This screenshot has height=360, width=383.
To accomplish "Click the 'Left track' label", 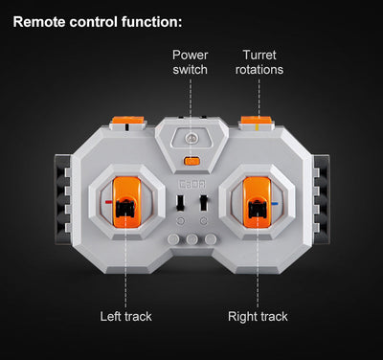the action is pyautogui.click(x=125, y=316).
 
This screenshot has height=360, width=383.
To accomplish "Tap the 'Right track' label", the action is pyautogui.click(x=258, y=316).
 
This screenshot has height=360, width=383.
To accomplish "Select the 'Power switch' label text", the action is pyautogui.click(x=191, y=62).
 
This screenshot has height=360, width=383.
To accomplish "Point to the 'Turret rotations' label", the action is pyautogui.click(x=259, y=62).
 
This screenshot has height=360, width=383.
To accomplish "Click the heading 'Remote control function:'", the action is pyautogui.click(x=98, y=22).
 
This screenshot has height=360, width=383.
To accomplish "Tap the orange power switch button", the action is pyautogui.click(x=191, y=161).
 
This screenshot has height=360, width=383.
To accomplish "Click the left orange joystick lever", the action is pyautogui.click(x=127, y=202).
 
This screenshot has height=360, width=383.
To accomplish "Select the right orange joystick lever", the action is pyautogui.click(x=257, y=202).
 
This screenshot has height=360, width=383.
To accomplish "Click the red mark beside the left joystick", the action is pyautogui.click(x=109, y=202).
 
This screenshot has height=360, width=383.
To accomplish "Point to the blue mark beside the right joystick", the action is pyautogui.click(x=275, y=203).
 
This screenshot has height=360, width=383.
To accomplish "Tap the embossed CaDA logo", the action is pyautogui.click(x=191, y=185).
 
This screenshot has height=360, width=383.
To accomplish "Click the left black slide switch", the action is pyautogui.click(x=180, y=203).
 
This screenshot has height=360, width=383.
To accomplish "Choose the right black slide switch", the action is pyautogui.click(x=203, y=203).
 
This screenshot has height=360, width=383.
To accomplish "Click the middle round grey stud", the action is pyautogui.click(x=192, y=239).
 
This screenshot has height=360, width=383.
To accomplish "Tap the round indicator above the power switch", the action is pyautogui.click(x=191, y=138).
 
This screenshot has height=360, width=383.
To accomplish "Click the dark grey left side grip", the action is pyautogui.click(x=62, y=199).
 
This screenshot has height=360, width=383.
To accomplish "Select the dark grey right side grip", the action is pyautogui.click(x=322, y=199).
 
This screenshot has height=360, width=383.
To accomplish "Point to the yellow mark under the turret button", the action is pyautogui.click(x=258, y=128).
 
